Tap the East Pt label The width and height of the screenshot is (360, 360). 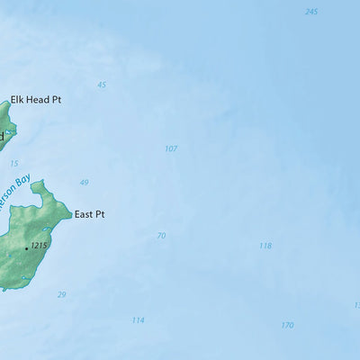[x=89, y=214]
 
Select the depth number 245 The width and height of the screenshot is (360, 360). [x=311, y=12]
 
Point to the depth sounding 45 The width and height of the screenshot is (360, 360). [x=102, y=85]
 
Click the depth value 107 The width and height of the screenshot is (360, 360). [x=171, y=148]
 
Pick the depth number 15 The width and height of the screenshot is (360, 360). [x=13, y=163]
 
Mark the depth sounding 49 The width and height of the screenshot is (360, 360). [x=84, y=183]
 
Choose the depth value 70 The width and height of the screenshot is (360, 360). [x=161, y=236]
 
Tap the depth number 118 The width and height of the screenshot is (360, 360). [x=265, y=246]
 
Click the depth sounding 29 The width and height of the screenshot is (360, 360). [x=61, y=294]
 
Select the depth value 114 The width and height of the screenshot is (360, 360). [x=138, y=319]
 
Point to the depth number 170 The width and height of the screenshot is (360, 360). [x=287, y=325]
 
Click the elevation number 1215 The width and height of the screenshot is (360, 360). [x=39, y=245]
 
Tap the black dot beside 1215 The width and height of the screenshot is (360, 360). [x=26, y=247]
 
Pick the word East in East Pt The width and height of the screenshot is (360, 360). [x=83, y=214]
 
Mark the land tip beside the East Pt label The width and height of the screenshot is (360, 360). [x=70, y=214]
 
